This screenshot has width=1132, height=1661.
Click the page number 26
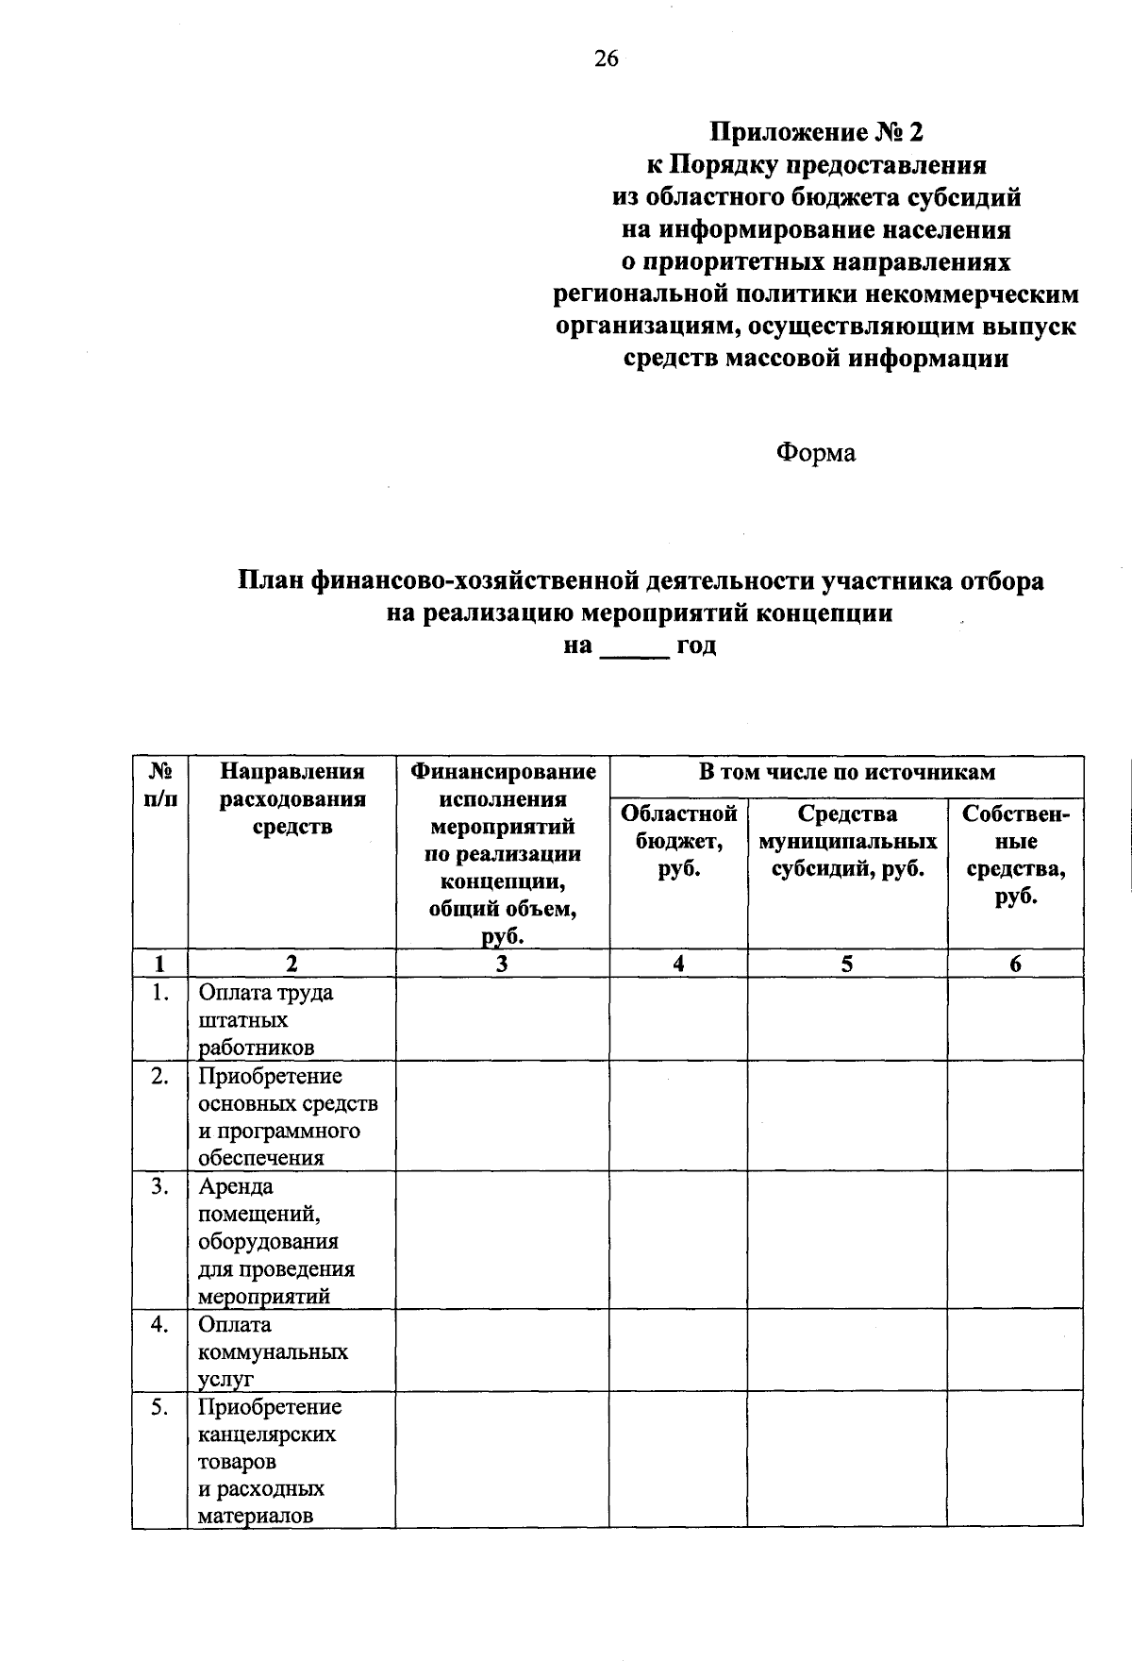tap(606, 59)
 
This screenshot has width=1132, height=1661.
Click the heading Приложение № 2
tap(815, 131)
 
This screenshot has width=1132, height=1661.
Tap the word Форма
tap(815, 453)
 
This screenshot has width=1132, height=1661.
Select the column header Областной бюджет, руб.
tap(678, 840)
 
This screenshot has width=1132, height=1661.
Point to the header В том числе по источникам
tap(846, 773)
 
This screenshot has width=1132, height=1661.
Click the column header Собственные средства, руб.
tap(1015, 854)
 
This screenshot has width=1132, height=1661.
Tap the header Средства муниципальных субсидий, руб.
tap(847, 840)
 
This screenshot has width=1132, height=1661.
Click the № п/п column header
tap(159, 785)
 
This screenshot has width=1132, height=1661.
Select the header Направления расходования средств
tap(291, 799)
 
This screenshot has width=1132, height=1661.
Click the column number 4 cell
tap(678, 964)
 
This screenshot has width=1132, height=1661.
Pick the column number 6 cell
tap(1015, 964)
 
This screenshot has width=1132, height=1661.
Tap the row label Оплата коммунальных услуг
tap(272, 1351)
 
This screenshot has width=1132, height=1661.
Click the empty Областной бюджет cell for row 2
tap(678, 1116)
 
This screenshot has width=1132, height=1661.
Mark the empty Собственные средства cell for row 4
tap(1015, 1350)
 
